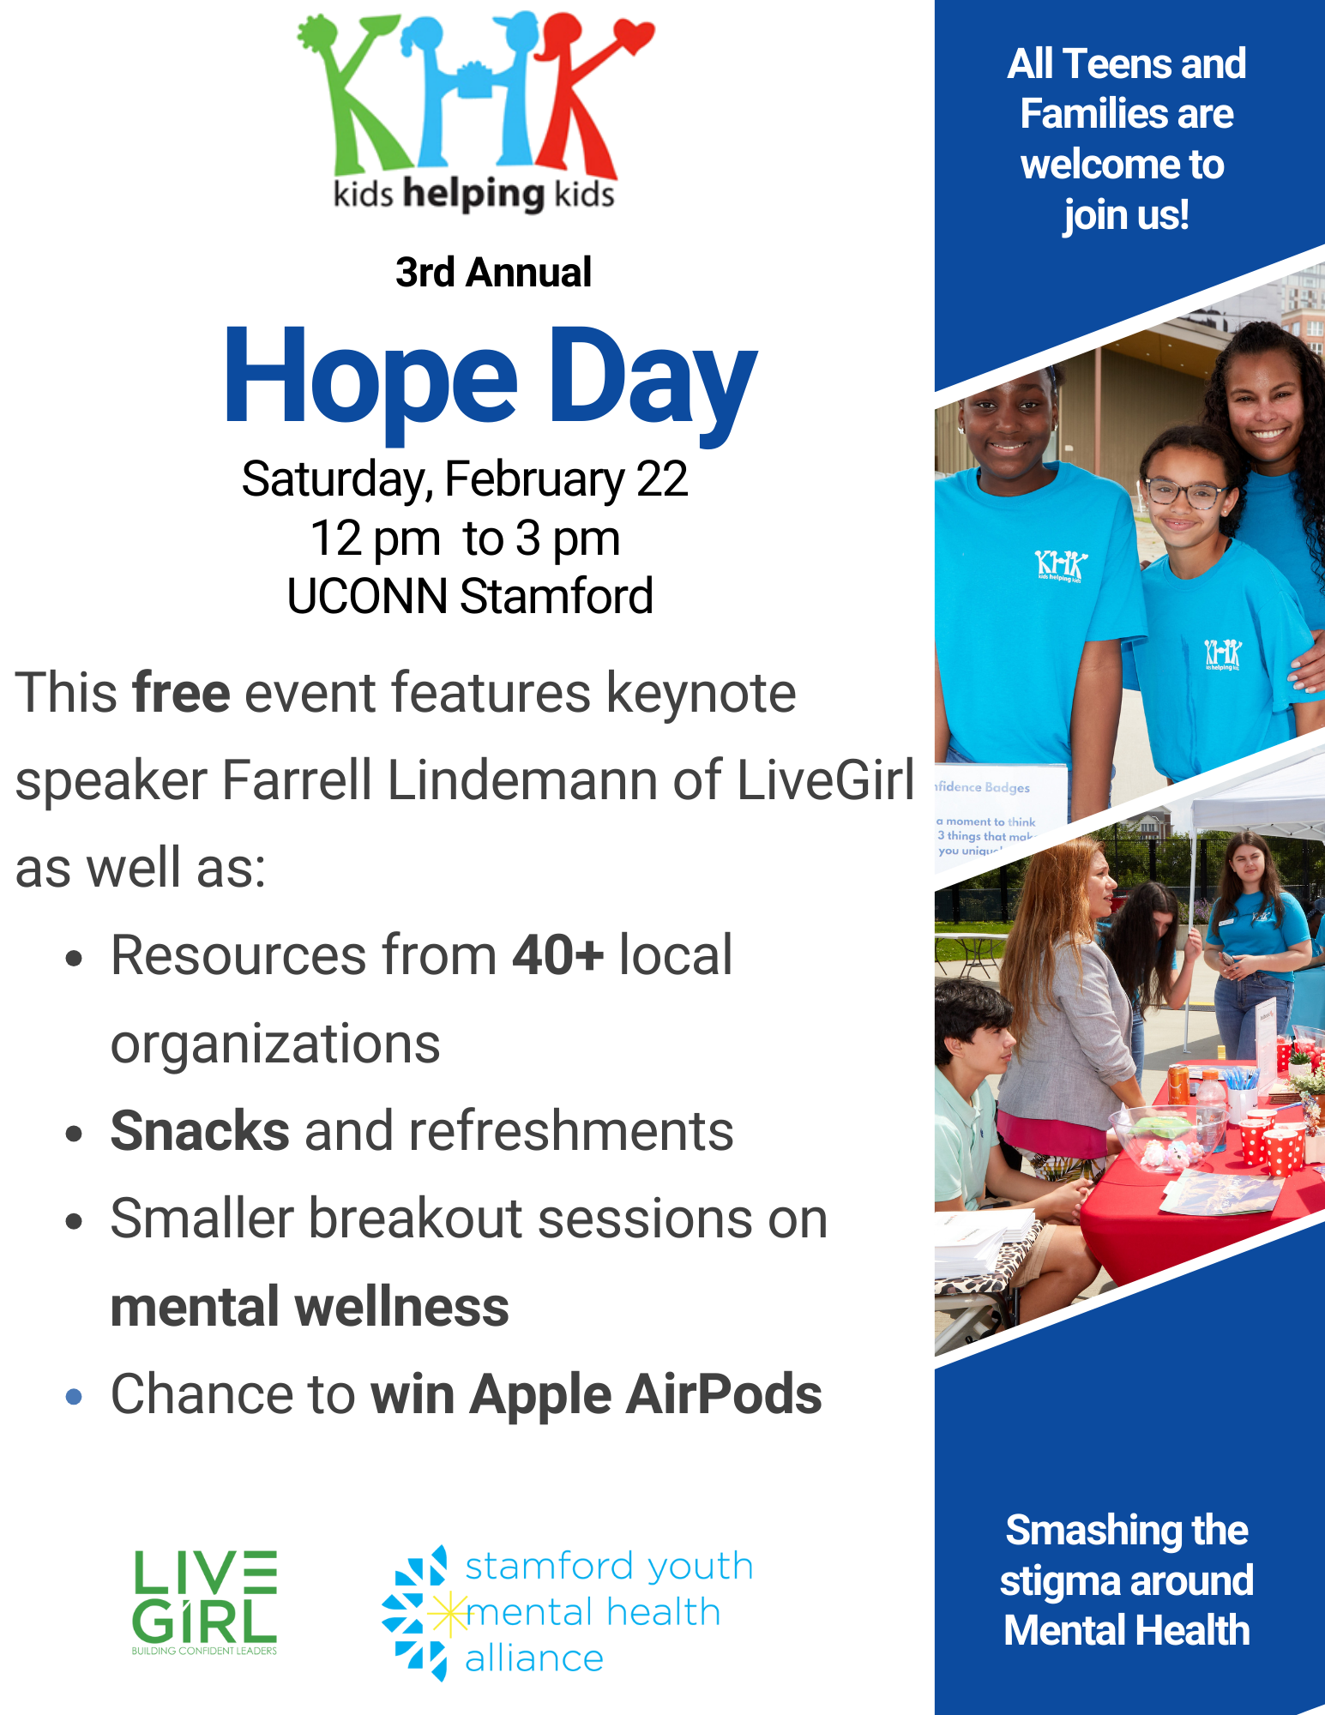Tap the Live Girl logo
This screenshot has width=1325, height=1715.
click(205, 1602)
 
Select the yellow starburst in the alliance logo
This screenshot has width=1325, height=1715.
click(449, 1615)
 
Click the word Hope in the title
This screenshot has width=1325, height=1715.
click(371, 376)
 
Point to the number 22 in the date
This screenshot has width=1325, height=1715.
click(661, 478)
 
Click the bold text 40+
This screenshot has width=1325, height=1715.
click(558, 955)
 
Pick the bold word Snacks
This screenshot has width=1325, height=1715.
click(200, 1131)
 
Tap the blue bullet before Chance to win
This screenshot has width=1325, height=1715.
click(74, 1397)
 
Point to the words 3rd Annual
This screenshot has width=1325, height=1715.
click(493, 273)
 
